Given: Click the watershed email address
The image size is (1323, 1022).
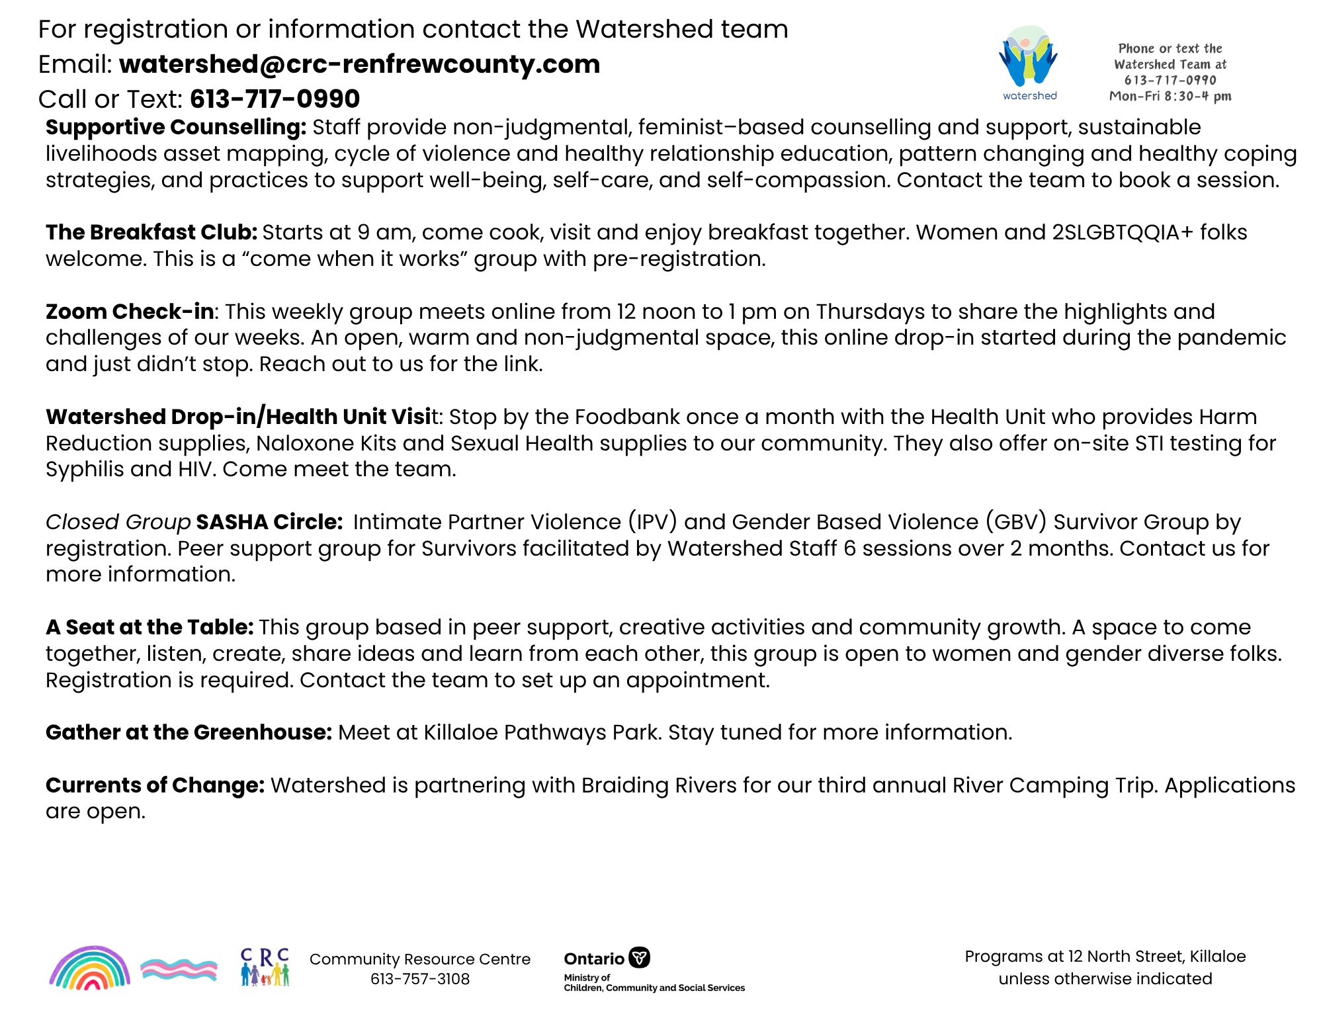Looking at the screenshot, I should click(x=359, y=64).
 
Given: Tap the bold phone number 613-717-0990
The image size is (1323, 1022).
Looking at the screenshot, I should click(x=275, y=99).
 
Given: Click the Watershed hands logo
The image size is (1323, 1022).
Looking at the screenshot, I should click(x=1028, y=58).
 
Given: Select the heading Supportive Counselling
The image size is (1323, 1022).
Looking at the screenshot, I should click(x=175, y=127).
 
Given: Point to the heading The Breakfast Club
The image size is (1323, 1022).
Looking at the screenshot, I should click(x=151, y=232).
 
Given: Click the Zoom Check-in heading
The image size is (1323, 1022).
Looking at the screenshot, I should click(x=130, y=312).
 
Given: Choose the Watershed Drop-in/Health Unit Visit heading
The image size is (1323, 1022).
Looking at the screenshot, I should click(x=241, y=417).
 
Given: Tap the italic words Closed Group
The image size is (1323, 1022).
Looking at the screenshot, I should click(x=118, y=522).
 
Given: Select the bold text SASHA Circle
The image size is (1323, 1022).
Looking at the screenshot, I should click(x=269, y=522).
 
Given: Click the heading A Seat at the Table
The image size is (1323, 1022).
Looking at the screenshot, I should click(x=149, y=627).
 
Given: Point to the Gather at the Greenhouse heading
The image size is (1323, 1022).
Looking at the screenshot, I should click(x=189, y=732).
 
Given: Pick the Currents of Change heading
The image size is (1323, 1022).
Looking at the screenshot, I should click(x=155, y=785).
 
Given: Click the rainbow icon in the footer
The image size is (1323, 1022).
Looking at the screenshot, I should click(x=90, y=968).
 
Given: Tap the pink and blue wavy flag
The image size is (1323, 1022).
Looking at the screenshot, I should click(x=179, y=969).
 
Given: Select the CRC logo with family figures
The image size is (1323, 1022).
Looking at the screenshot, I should click(x=265, y=967).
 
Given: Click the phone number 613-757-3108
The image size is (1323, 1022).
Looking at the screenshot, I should click(x=420, y=979).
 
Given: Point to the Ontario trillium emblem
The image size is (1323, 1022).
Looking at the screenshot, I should click(x=639, y=957).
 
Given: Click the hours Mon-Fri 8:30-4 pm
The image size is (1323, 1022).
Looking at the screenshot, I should click(x=1170, y=96).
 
